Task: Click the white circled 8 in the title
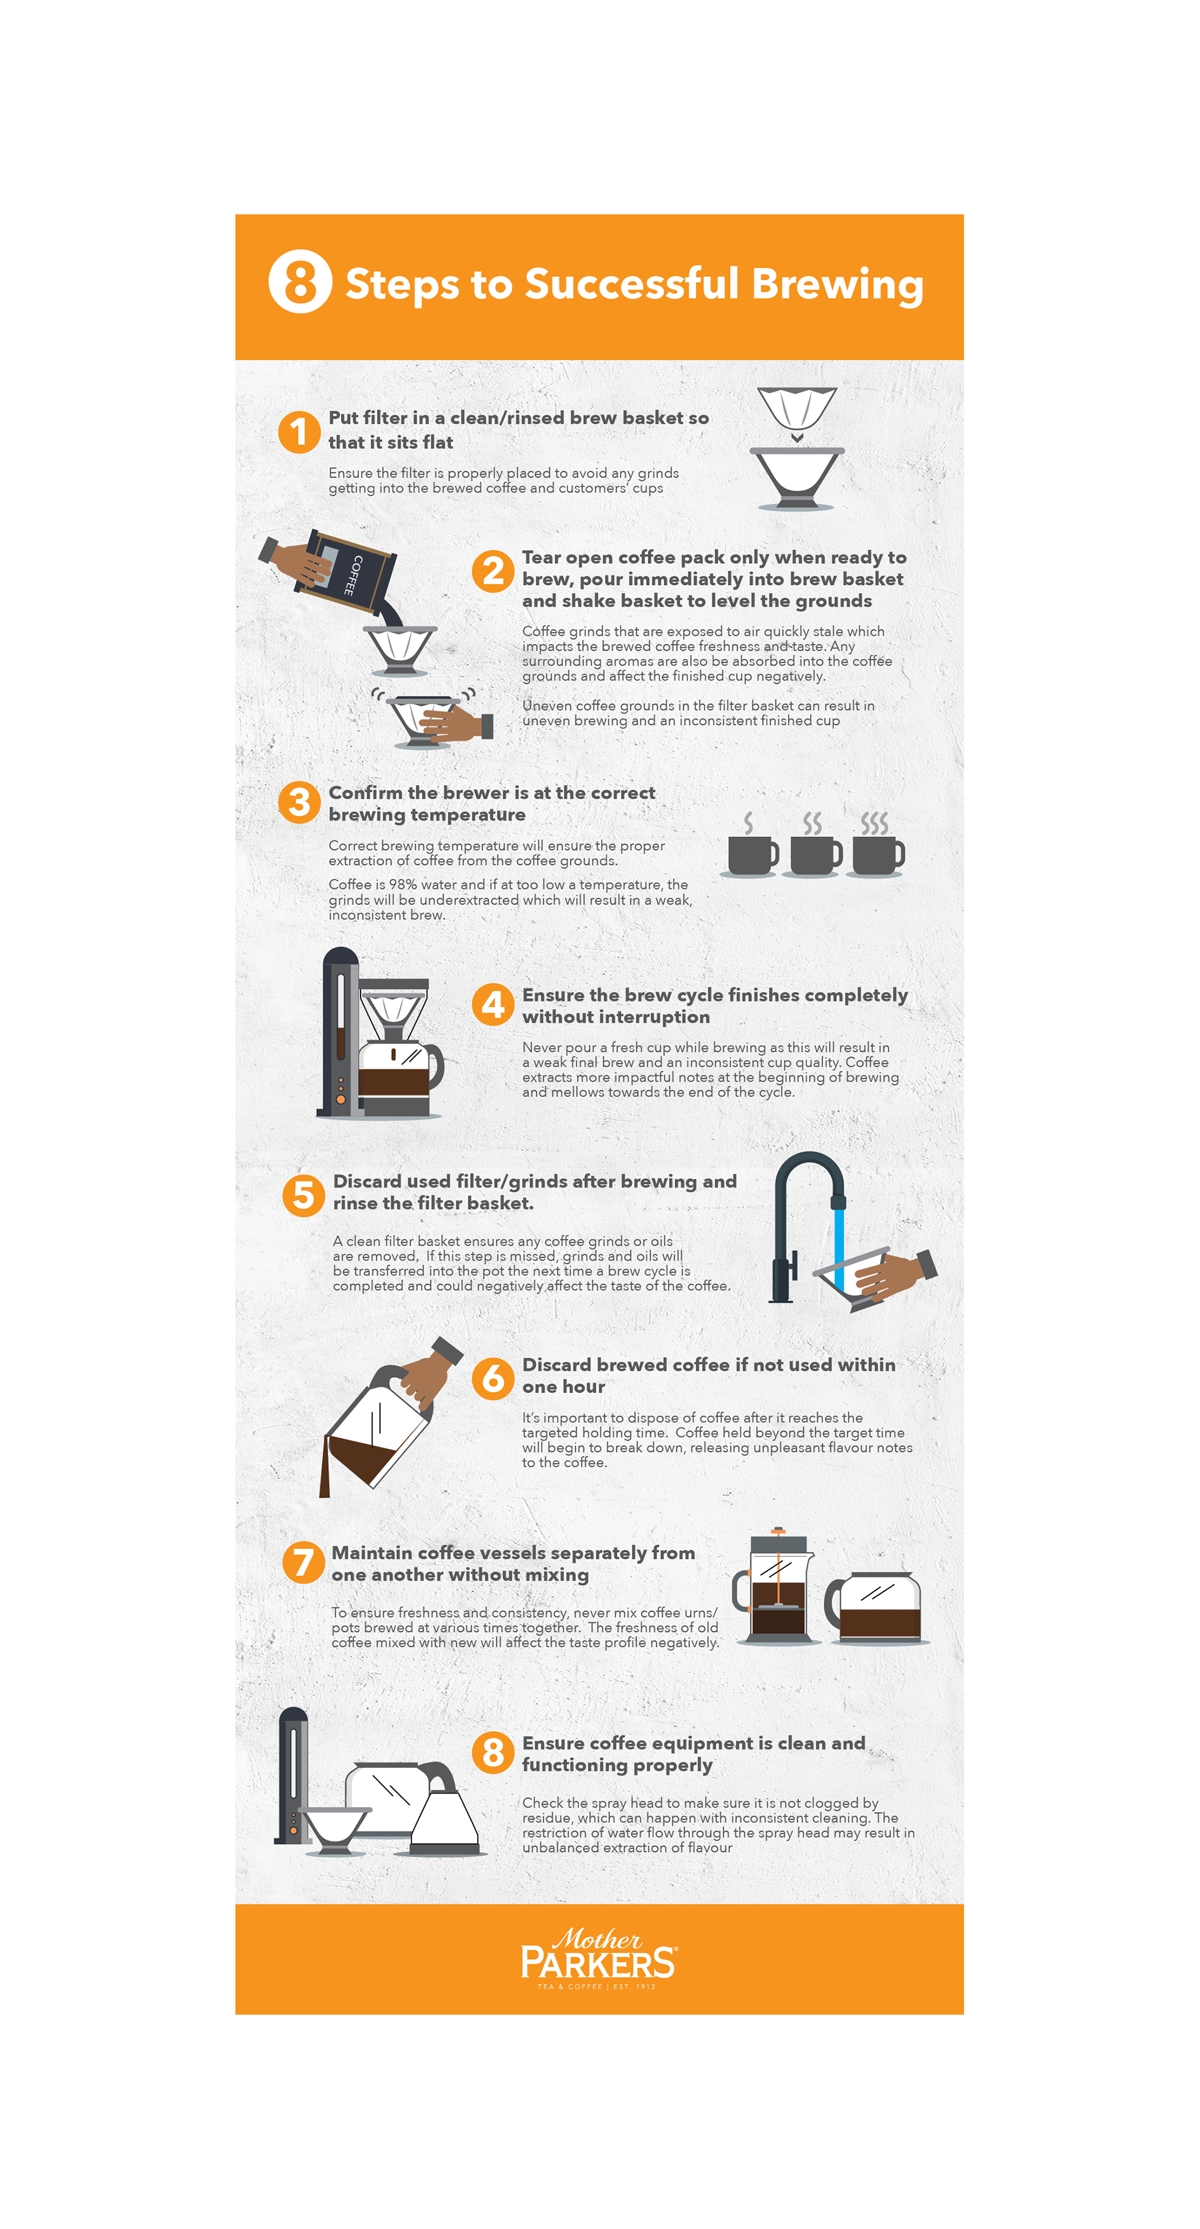pos(299,282)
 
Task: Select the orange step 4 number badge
pos(493,1004)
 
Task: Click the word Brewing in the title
pos(837,284)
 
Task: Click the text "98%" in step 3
pos(402,884)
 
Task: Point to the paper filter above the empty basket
pos(797,408)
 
